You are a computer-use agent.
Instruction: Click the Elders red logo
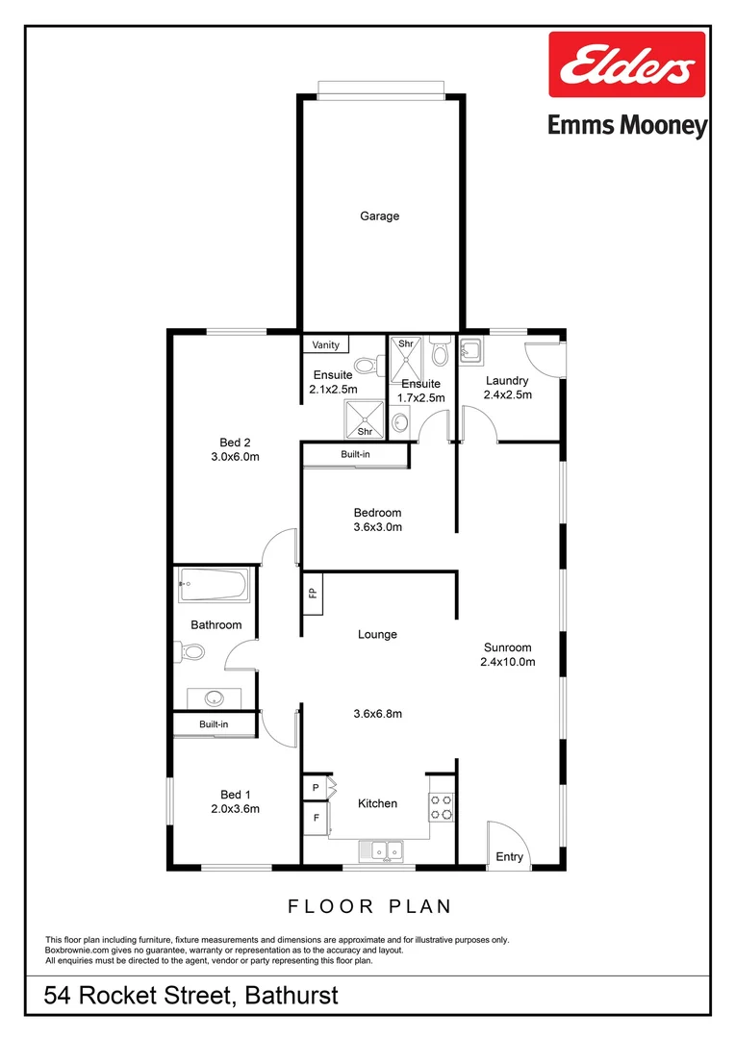pos(627,64)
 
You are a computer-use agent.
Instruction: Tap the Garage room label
pos(379,216)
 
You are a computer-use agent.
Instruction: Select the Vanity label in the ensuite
pos(326,344)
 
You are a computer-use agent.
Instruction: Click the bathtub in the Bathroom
pos(214,585)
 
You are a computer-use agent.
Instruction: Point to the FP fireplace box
pos(313,593)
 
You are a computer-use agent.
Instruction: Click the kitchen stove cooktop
pos(441,806)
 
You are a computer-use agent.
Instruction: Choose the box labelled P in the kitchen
pos(315,788)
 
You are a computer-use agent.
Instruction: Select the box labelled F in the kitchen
pos(315,819)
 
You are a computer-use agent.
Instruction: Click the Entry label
pos(510,856)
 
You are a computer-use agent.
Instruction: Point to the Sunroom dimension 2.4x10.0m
pos(507,662)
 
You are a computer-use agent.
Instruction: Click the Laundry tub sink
pos(471,352)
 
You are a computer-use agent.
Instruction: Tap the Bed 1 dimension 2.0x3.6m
pos(236,809)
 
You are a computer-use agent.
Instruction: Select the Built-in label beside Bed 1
pos(214,724)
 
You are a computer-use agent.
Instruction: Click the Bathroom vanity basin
pos(214,697)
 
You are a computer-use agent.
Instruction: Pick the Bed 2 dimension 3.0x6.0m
pos(236,457)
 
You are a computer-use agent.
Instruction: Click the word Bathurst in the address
pos(290,995)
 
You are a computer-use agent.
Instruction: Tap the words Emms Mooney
pos(627,126)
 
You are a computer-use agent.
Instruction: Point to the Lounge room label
pos(377,635)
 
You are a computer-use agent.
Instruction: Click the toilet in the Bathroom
pos(190,652)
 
